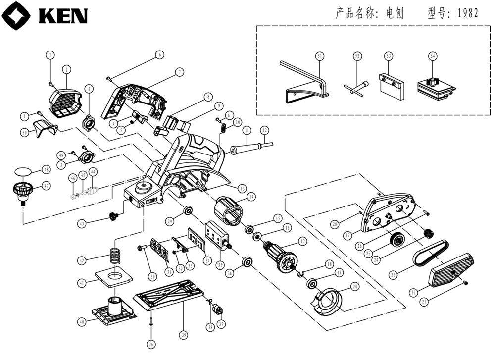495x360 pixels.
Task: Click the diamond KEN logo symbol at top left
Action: point(16,15)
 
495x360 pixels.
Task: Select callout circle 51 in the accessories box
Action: point(320,57)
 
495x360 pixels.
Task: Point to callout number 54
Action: point(433,57)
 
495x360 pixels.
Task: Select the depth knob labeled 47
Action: point(22,191)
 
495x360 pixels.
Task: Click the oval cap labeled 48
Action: point(23,171)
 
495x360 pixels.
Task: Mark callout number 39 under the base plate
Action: point(184,335)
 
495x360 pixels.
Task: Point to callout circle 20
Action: point(355,287)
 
